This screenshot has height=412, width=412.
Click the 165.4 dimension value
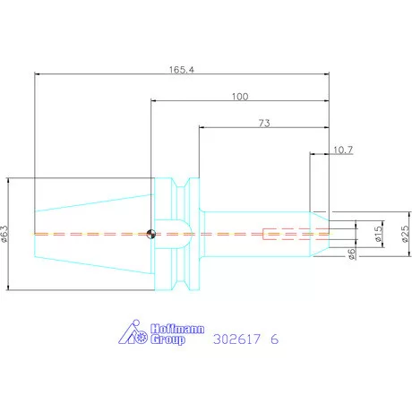(x=182, y=70)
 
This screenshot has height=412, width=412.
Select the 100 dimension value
(x=240, y=97)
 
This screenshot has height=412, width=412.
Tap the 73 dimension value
(x=264, y=123)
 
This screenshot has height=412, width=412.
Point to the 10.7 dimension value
(x=343, y=150)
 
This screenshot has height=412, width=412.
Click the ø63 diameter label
(x=4, y=234)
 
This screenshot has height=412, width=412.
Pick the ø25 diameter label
(x=405, y=234)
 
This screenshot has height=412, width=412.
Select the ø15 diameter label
(x=378, y=234)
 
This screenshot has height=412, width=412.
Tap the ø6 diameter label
(x=352, y=254)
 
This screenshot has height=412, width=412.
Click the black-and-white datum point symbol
(x=151, y=234)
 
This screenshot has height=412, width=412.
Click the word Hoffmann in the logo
(x=177, y=329)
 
